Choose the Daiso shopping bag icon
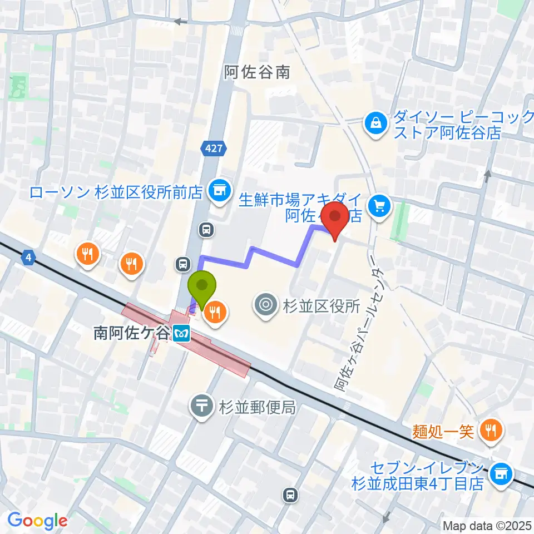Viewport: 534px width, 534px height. [376, 123]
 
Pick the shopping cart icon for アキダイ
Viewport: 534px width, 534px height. [380, 207]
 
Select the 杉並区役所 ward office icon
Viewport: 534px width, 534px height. [265, 304]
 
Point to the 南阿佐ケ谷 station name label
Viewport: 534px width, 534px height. [130, 333]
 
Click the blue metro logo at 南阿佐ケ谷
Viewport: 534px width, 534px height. [181, 334]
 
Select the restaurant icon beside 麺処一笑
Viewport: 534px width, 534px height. [491, 429]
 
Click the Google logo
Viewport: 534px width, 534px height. [37, 521]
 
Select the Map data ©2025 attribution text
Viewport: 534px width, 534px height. [487, 525]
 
